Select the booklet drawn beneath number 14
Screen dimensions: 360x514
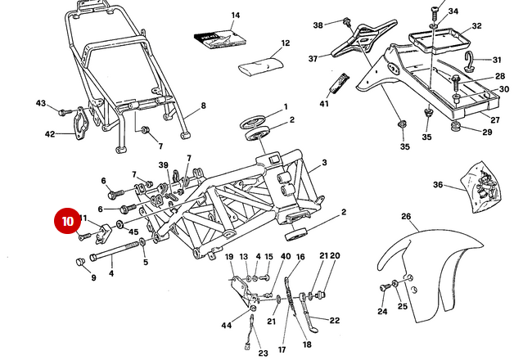pos(219,38)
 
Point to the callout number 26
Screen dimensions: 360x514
pos(405,217)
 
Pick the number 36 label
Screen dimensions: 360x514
pos(438,185)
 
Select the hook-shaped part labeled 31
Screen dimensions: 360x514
pos(475,60)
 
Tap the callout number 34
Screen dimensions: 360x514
pos(453,11)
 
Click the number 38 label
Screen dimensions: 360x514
pos(318,25)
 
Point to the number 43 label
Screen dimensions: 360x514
pos(41,103)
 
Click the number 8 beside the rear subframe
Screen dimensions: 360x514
pos(203,106)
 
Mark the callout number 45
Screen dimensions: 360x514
pos(134,231)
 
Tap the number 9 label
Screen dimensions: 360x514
pos(93,277)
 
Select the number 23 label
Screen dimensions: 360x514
pos(263,353)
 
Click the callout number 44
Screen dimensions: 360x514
pos(227,326)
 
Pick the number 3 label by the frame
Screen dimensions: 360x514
pos(324,164)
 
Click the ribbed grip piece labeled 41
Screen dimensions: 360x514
pos(337,83)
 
